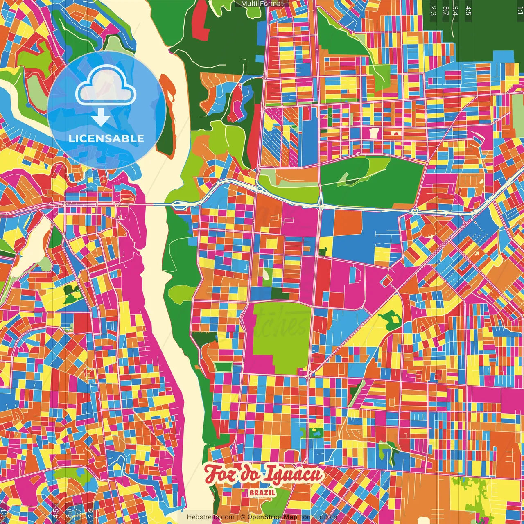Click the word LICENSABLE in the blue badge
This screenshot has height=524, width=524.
coord(106,138)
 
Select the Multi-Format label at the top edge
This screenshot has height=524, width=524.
coord(262,4)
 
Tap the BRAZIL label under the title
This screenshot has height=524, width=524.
coord(262,493)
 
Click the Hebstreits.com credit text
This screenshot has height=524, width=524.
coord(210,517)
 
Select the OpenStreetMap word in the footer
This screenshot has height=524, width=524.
coord(272,517)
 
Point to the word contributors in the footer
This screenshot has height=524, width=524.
coord(318,517)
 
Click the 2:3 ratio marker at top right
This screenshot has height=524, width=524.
coord(433,10)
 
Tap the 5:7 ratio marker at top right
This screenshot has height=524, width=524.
coord(445,10)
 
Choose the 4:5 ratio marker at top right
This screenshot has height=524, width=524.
coord(468,10)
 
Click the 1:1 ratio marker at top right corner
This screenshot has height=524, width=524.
coord(520,10)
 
